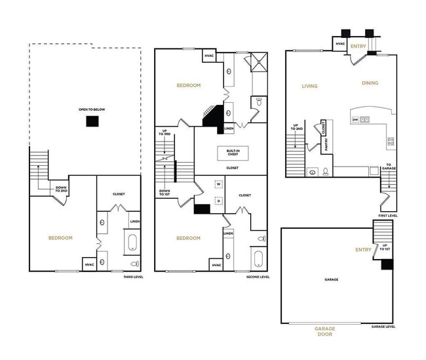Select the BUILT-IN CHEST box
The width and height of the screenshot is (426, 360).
[x=232, y=153]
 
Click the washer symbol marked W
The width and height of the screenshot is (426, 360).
[x=219, y=184]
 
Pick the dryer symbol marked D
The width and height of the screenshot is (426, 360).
[x=219, y=201]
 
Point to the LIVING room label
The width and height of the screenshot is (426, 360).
[x=309, y=85]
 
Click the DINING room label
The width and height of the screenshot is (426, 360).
[x=370, y=83]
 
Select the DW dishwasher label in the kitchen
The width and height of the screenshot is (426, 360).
[x=355, y=119]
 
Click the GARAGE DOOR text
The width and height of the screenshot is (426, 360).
[x=323, y=331]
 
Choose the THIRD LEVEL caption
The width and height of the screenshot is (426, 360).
[x=133, y=277]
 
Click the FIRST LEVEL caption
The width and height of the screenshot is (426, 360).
[x=387, y=216]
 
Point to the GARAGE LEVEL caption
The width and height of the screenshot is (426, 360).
[x=382, y=326]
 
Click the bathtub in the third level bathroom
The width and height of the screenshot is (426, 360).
[x=133, y=242]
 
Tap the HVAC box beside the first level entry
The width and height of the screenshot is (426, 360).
[x=340, y=44]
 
